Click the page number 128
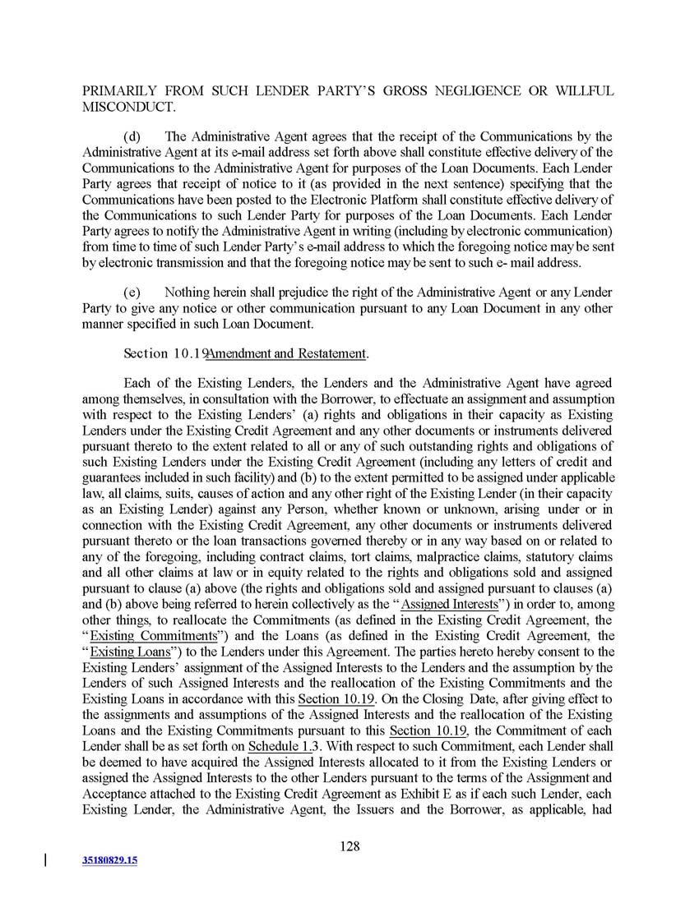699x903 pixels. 349,848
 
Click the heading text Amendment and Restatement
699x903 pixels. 285,354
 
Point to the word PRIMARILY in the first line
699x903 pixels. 123,90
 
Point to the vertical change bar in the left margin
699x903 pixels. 44,860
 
